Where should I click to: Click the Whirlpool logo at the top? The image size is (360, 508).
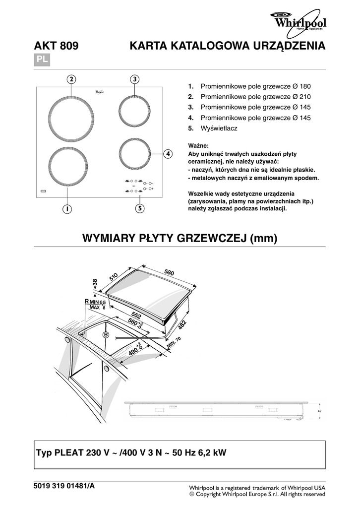[x=298, y=22]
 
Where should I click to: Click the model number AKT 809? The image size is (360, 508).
[x=56, y=47]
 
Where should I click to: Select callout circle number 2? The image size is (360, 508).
[x=71, y=79]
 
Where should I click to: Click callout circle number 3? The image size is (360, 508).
[x=135, y=79]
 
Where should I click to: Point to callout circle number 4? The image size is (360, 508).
[x=169, y=154]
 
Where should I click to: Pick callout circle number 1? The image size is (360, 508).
[x=66, y=209]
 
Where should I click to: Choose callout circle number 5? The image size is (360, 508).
[x=141, y=209]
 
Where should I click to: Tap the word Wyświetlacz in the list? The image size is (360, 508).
[x=219, y=128]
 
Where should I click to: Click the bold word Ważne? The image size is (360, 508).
[x=199, y=145]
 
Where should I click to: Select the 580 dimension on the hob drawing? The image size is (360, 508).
[x=170, y=272]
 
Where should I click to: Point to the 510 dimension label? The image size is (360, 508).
[x=114, y=277]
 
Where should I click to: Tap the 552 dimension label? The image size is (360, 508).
[x=136, y=315]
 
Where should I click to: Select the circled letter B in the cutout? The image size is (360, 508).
[x=106, y=335]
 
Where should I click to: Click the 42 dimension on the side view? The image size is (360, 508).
[x=320, y=411]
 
